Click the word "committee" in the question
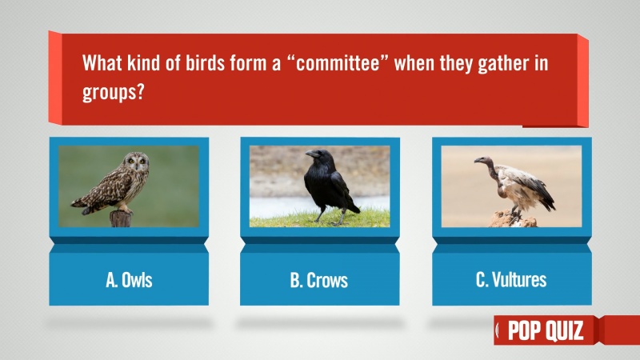pyautogui.click(x=338, y=64)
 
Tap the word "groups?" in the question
pyautogui.click(x=114, y=92)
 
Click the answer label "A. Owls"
pyautogui.click(x=129, y=281)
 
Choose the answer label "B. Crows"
pyautogui.click(x=319, y=281)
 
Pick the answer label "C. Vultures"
pyautogui.click(x=511, y=279)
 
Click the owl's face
pyautogui.click(x=137, y=162)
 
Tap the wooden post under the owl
pyautogui.click(x=121, y=218)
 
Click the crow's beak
pyautogui.click(x=312, y=154)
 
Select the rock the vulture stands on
pyautogui.click(x=513, y=218)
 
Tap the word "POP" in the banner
pyautogui.click(x=525, y=330)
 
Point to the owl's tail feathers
pyautogui.click(x=86, y=206)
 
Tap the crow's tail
pyautogui.click(x=351, y=206)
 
